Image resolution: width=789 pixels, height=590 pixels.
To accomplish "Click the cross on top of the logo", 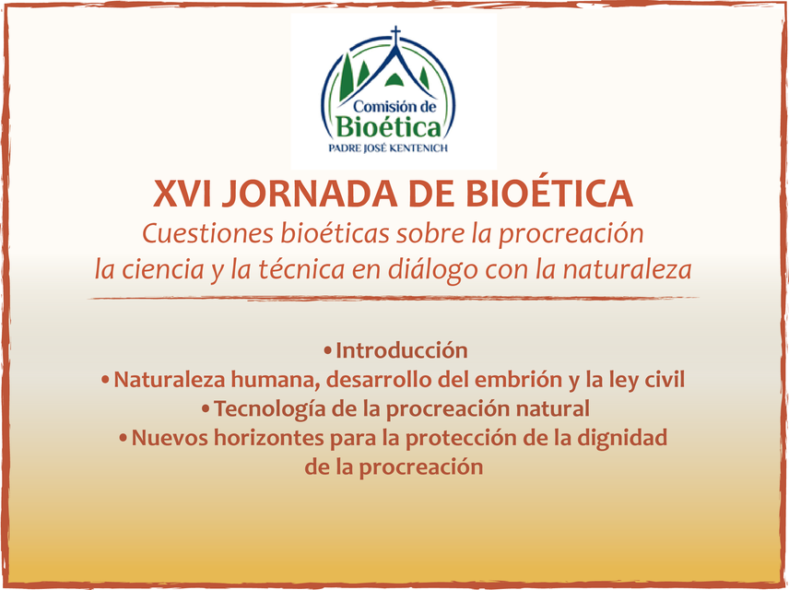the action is [396, 35].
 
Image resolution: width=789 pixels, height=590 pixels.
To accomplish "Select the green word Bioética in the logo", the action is [388, 127].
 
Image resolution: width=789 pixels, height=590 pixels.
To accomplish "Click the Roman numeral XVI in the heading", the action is [183, 194].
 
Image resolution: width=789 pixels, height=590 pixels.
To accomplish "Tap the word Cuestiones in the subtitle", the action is [207, 233].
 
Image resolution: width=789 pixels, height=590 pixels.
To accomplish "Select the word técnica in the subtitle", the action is [301, 269].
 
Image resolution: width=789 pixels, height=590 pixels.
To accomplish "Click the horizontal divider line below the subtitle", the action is [394, 299].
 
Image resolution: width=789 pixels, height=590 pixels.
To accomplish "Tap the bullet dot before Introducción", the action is [328, 350].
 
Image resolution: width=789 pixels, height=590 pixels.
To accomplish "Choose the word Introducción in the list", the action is [402, 350].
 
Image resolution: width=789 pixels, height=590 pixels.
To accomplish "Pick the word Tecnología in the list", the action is [270, 409].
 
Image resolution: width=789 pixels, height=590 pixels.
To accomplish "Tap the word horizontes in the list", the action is [269, 438].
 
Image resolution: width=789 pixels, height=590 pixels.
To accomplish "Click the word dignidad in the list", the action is [621, 438].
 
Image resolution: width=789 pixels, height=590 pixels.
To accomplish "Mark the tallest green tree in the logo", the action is [347, 77].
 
